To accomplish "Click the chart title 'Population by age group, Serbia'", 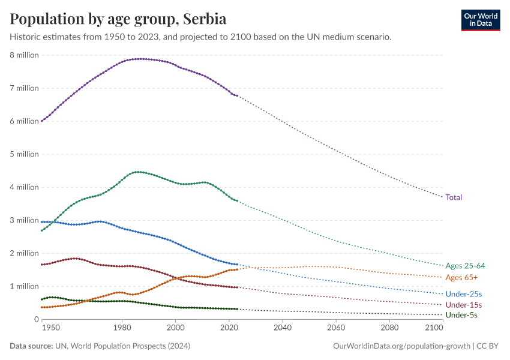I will click(118, 19).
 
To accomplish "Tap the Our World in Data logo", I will click(480, 20).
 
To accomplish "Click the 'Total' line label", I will click(454, 197).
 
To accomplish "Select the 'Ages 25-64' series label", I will click(466, 266).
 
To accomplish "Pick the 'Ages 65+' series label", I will click(461, 278).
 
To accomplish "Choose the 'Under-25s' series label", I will click(463, 294).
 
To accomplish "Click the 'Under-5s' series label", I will click(461, 315).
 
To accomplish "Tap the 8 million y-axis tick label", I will click(24, 55).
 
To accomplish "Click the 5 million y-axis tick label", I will click(24, 154).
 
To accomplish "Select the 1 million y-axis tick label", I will click(24, 286).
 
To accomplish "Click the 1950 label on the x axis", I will click(51, 329).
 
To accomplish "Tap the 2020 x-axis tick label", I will click(229, 329).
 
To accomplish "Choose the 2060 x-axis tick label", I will click(336, 329).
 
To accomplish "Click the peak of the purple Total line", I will click(139, 59).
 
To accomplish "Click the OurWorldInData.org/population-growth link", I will click(401, 346).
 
